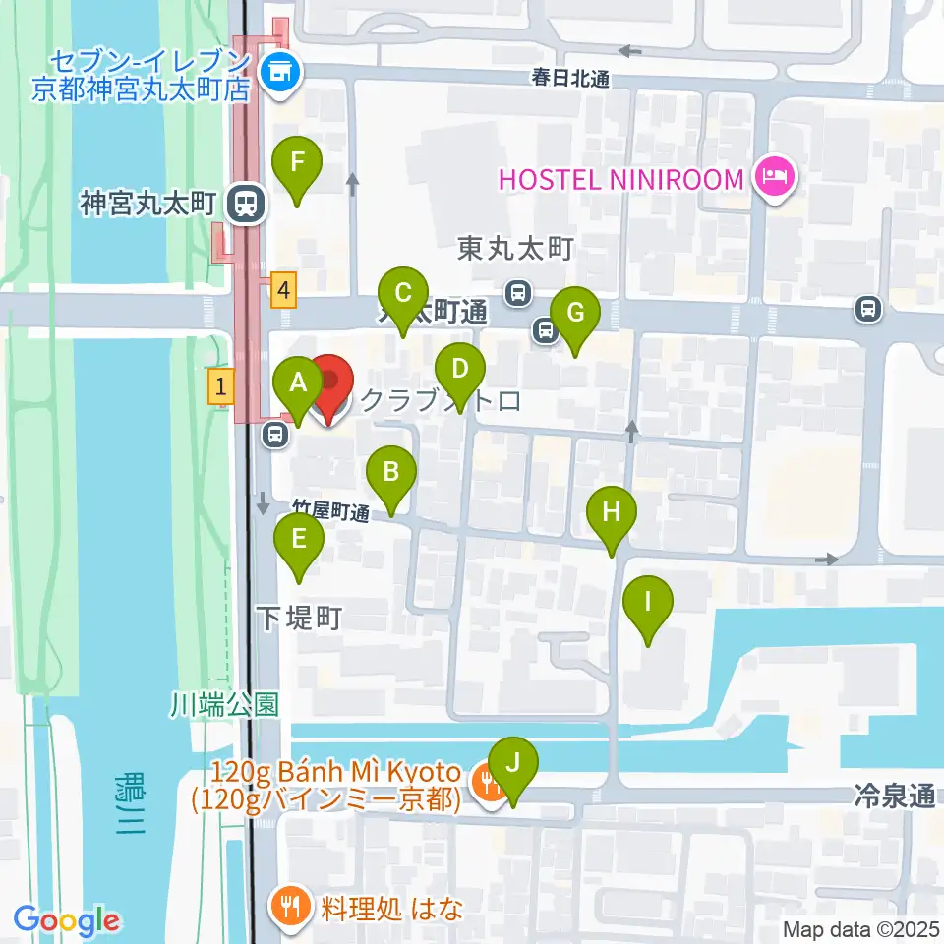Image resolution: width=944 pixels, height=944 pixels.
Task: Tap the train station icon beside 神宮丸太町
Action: pyautogui.click(x=243, y=205)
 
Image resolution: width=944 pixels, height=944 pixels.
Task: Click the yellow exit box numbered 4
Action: pyautogui.click(x=284, y=290)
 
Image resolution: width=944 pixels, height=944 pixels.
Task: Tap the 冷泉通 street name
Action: pyautogui.click(x=895, y=796)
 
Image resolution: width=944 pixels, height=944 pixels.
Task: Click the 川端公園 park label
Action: pyautogui.click(x=224, y=704)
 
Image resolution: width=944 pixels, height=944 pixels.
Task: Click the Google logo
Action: pyautogui.click(x=67, y=920)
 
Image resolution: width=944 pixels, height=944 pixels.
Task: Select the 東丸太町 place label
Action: pyautogui.click(x=515, y=250)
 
